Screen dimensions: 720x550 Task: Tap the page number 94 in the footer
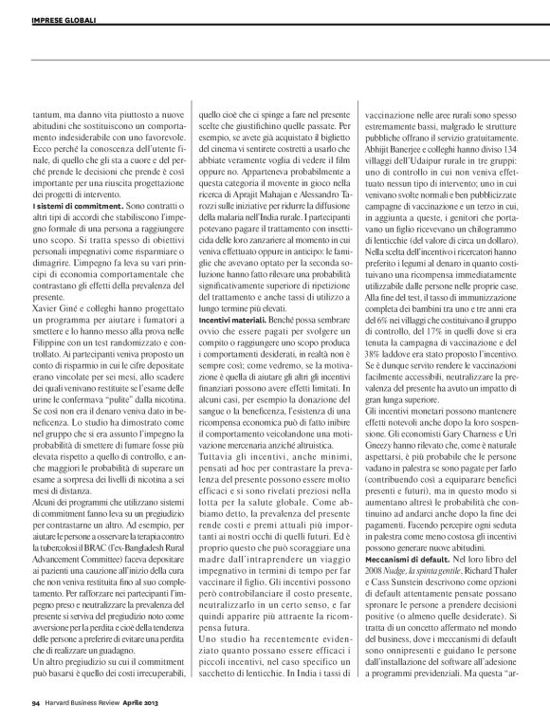tap(35, 702)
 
